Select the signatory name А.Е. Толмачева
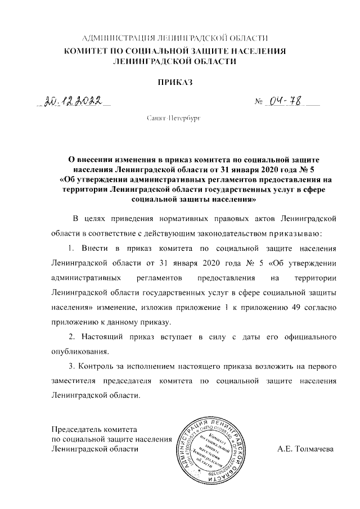click(x=305, y=449)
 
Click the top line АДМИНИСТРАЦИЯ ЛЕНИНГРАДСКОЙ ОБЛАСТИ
click(x=175, y=38)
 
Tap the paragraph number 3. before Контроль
click(x=70, y=366)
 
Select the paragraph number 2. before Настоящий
click(x=71, y=337)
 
